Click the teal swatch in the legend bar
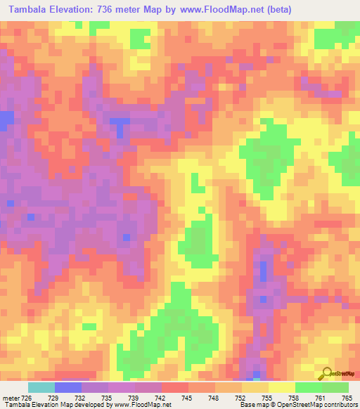click(41, 387)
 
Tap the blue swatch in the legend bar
click(67, 387)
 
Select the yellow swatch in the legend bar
click(281, 387)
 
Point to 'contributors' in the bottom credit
click(339, 405)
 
